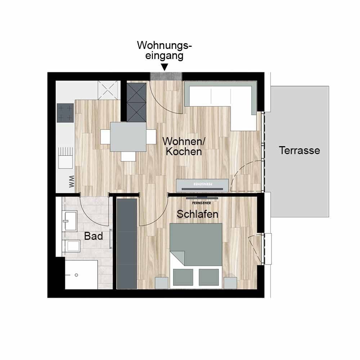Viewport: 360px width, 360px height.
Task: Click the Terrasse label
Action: (300, 150)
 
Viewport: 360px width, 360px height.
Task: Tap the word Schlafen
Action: (197, 214)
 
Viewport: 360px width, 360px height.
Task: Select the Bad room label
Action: (93, 236)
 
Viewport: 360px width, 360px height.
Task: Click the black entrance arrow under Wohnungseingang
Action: (165, 67)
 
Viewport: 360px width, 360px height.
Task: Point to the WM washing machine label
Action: (72, 181)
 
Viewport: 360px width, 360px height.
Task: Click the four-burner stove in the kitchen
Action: (65, 113)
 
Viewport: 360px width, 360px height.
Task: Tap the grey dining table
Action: (128, 137)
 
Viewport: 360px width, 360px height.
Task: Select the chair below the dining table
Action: (128, 156)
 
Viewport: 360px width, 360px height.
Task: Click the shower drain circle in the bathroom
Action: (76, 275)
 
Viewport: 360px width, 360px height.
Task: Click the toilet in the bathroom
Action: (72, 246)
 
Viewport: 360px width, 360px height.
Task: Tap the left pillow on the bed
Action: (183, 277)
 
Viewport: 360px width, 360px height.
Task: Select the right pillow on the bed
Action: (209, 277)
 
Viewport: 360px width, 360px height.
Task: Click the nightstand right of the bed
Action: (230, 283)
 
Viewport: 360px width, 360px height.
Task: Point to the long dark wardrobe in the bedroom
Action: (127, 244)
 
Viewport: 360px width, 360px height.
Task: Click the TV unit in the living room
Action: (202, 185)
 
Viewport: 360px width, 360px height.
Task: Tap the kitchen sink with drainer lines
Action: (66, 158)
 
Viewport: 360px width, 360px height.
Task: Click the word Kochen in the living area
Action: (184, 152)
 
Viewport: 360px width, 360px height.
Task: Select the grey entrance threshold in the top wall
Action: (166, 76)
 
